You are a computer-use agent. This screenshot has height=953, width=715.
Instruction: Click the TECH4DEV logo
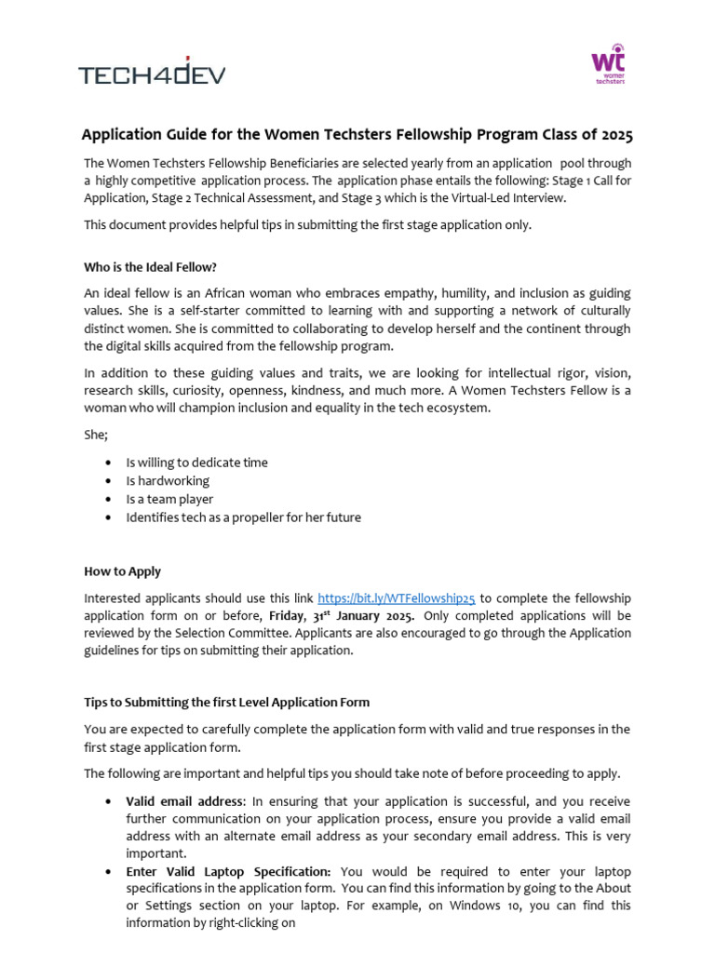(151, 72)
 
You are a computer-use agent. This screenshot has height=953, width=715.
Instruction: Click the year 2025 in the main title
(615, 136)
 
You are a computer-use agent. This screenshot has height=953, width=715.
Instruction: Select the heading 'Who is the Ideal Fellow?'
(150, 267)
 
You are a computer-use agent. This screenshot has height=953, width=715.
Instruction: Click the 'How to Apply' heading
(122, 571)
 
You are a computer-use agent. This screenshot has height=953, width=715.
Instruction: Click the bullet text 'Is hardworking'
(168, 481)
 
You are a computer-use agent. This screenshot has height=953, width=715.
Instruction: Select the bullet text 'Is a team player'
(169, 499)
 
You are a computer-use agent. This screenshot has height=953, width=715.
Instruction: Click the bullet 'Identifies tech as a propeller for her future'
(243, 517)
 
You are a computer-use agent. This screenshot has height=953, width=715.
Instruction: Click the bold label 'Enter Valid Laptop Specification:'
(228, 871)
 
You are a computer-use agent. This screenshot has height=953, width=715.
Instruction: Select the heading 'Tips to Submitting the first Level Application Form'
(226, 702)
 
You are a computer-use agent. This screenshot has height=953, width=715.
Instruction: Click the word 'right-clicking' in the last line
(240, 923)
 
